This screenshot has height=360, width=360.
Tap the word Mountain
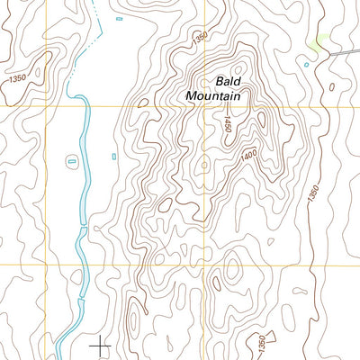[x=216, y=94]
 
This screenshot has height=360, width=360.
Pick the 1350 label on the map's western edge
[x=15, y=79]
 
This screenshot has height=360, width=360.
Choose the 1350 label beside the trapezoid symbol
[x=261, y=342]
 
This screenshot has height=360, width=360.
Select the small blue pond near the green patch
[x=307, y=64]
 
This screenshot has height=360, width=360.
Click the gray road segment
[x=342, y=53]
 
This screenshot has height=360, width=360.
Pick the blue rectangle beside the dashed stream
[x=118, y=17]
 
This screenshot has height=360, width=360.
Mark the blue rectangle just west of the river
[x=72, y=161]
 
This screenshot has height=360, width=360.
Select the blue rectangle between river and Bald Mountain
[x=115, y=156]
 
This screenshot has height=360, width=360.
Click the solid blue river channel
[x=84, y=180]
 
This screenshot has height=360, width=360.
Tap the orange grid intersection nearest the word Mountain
[x=205, y=106]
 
